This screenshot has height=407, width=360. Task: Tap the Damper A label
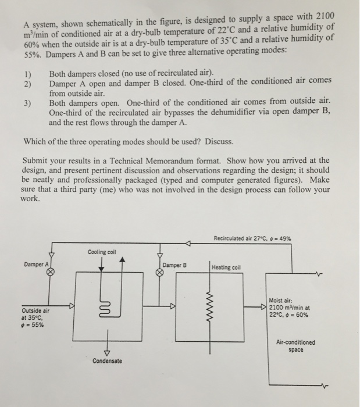35,264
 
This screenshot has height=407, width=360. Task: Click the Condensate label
107,361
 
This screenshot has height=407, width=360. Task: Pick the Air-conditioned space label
300,346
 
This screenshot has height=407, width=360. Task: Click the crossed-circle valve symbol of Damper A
51,272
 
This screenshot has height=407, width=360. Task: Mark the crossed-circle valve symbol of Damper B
159,272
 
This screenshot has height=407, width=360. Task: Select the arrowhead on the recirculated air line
188,244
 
